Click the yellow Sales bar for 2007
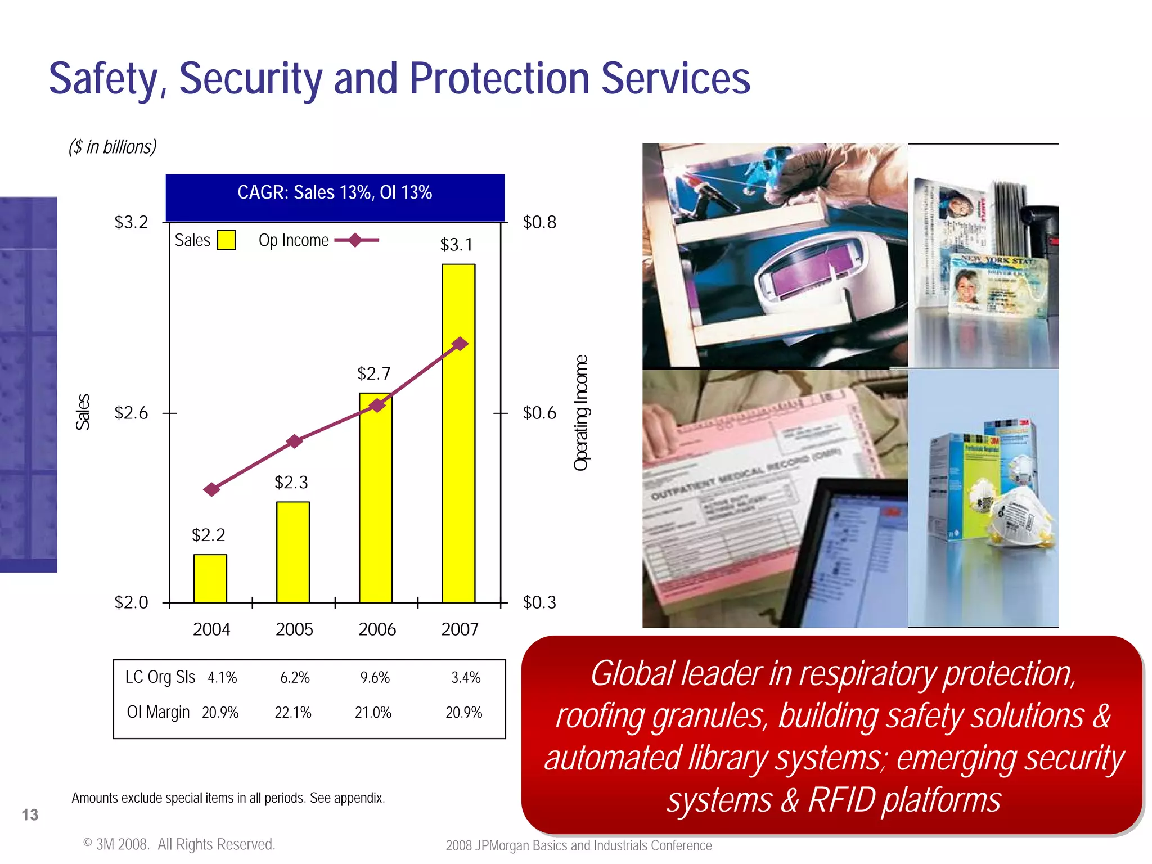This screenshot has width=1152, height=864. click(x=458, y=433)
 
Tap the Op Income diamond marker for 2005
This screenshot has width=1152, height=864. click(x=294, y=442)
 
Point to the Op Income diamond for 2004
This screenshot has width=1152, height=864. click(x=211, y=489)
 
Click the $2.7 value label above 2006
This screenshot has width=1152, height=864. click(x=373, y=373)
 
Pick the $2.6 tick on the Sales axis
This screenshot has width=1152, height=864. click(x=131, y=413)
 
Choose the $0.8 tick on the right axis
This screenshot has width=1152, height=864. click(x=539, y=222)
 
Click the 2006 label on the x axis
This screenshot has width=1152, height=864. click(x=377, y=629)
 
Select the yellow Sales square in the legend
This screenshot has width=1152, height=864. click(x=226, y=240)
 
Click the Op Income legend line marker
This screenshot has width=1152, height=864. click(x=355, y=240)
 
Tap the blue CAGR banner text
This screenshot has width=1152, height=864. click(x=335, y=192)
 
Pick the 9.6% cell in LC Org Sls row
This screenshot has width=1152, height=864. click(x=375, y=678)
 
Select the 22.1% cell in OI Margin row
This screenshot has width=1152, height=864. click(x=292, y=713)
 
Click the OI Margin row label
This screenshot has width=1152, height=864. click(x=158, y=712)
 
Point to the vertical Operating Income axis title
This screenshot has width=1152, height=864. click(x=580, y=412)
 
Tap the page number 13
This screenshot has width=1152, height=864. click(x=30, y=814)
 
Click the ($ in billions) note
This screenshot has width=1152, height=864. click(x=112, y=147)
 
